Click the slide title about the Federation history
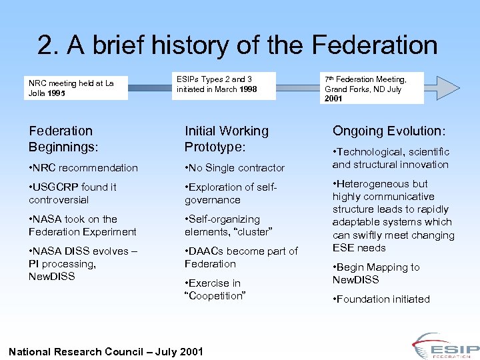[x=238, y=45]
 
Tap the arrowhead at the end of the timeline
[x=447, y=87]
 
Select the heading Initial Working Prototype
[x=226, y=138]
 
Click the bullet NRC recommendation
[x=83, y=168]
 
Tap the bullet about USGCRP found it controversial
[x=73, y=193]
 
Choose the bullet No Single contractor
[x=235, y=168]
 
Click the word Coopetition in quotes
[x=216, y=296]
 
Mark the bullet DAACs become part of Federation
[x=241, y=257]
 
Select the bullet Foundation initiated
[x=381, y=299]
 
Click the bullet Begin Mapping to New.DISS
[x=376, y=273]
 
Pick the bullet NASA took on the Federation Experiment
[x=82, y=225]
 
